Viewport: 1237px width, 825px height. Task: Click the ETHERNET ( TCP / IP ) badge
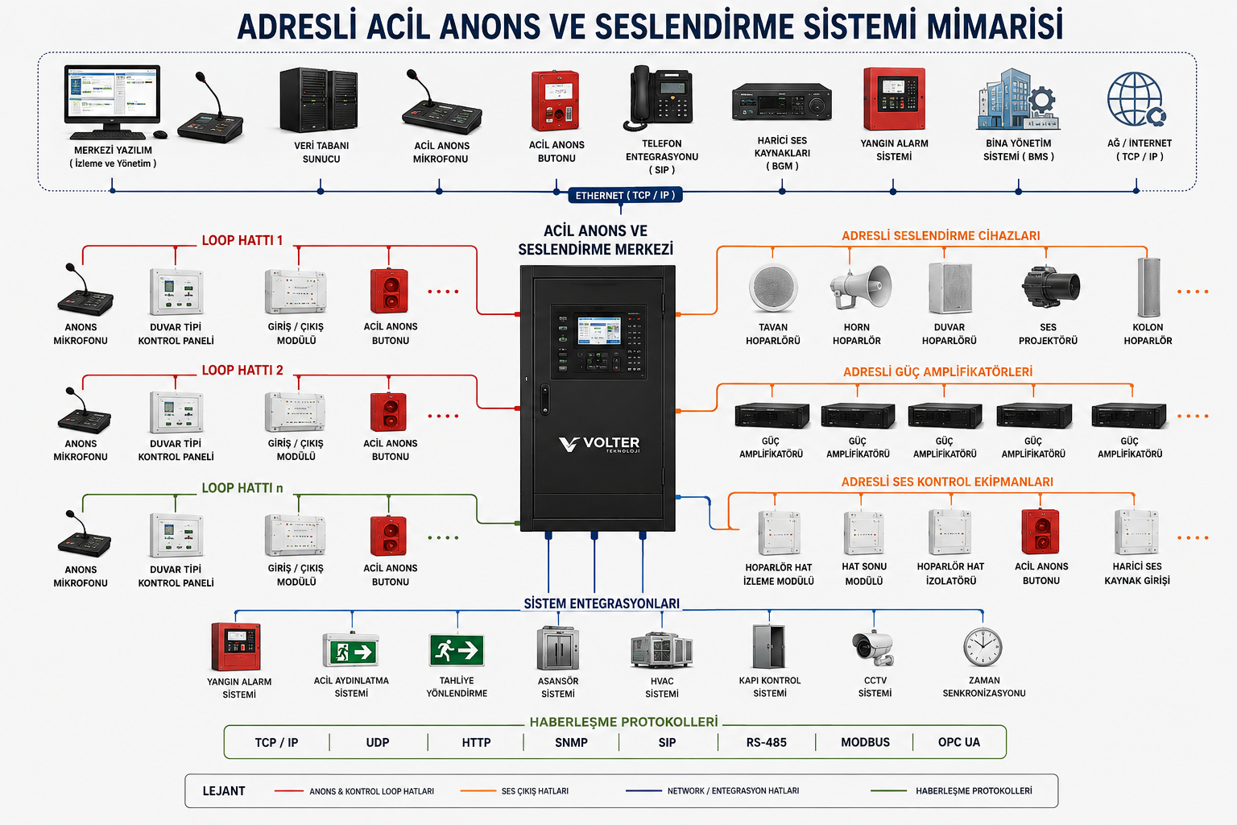(625, 195)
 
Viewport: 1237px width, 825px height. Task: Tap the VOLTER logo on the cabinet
(599, 444)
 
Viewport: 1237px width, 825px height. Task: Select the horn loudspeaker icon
(860, 287)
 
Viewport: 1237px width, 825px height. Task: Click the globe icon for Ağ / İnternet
(1137, 99)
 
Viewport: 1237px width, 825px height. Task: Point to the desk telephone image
(658, 97)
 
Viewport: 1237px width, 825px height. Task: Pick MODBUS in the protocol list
(865, 742)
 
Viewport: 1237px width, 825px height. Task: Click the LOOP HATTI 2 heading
(242, 371)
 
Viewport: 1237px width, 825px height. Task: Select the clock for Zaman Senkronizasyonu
(983, 648)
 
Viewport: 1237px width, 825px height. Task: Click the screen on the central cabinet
(598, 330)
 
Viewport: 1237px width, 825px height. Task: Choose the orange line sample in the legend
(478, 790)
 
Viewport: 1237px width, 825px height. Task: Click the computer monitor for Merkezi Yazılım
(112, 94)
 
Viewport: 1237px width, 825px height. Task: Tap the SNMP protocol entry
(571, 742)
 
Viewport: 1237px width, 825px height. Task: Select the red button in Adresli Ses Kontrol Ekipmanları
(1040, 532)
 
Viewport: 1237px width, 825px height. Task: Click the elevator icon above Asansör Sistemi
(558, 648)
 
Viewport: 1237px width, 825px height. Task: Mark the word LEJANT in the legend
(224, 790)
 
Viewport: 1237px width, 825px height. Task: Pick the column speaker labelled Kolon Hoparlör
(1148, 288)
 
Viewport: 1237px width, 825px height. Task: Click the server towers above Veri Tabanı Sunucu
(319, 99)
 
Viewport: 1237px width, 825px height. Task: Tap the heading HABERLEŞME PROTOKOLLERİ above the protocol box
(623, 722)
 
